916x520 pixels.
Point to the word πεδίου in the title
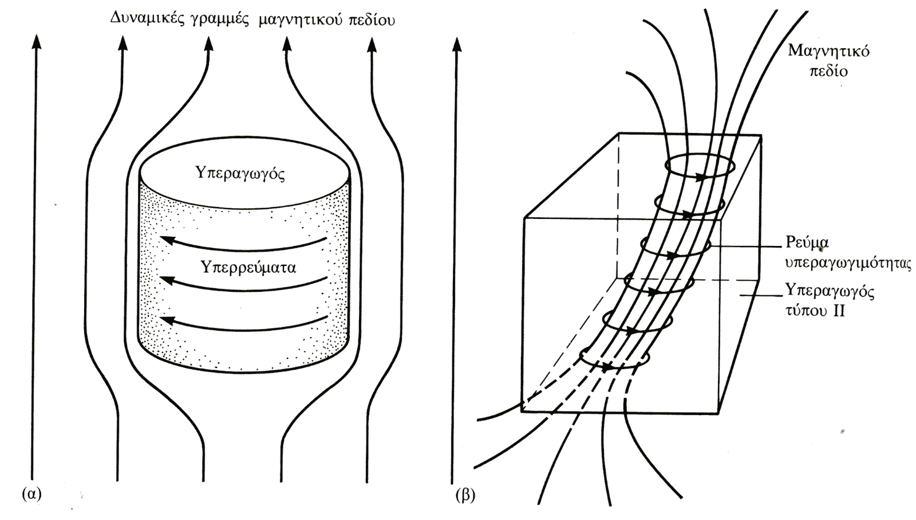click(x=370, y=21)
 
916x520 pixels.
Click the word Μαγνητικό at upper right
click(x=828, y=51)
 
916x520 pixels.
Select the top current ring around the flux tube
click(x=700, y=167)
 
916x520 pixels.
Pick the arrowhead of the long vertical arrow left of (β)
click(x=456, y=44)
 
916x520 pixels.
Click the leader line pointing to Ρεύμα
click(x=744, y=247)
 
